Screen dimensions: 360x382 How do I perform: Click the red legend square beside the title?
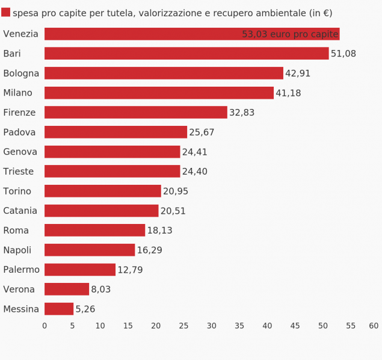[x=5, y=13]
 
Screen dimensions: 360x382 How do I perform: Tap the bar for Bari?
[x=186, y=54]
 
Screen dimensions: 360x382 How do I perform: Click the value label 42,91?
[x=298, y=73]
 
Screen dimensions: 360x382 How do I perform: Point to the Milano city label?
[x=17, y=93]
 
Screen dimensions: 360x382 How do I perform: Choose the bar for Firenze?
[x=136, y=113]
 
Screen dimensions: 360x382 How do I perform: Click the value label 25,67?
[x=202, y=132]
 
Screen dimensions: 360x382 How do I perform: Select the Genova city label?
[x=20, y=152]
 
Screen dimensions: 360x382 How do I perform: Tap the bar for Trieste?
[x=112, y=172]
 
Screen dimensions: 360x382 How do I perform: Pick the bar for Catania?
[x=101, y=211]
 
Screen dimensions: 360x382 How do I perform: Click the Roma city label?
[x=16, y=231]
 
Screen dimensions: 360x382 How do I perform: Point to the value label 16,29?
[x=149, y=250]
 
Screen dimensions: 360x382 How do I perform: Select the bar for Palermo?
[x=80, y=270]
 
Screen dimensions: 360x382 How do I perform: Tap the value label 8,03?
[x=101, y=290]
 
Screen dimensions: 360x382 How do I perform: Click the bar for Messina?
[x=59, y=309]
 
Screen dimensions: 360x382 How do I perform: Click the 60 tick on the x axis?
[x=374, y=326]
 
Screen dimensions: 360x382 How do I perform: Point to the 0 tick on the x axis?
[x=45, y=326]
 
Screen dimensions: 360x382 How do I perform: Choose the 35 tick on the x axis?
[x=239, y=326]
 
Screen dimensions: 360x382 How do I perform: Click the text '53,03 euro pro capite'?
[x=290, y=34]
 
